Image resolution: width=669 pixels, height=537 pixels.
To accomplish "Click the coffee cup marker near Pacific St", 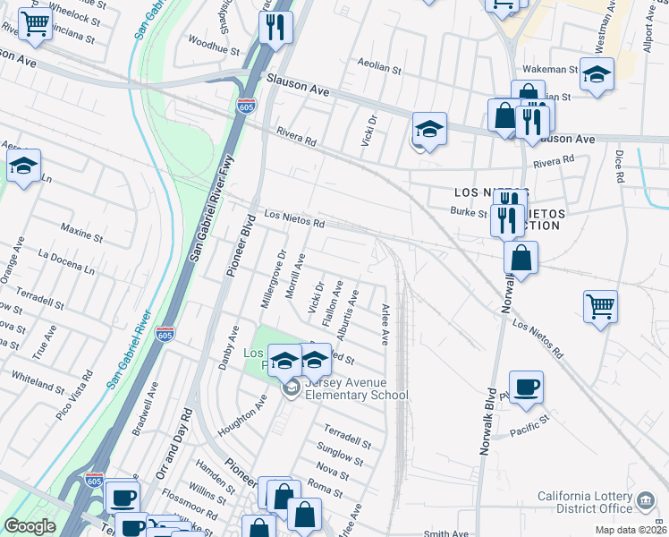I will (527, 388).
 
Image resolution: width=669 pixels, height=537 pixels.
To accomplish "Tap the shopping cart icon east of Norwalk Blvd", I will (600, 306).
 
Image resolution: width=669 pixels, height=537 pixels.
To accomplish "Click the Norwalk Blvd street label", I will (488, 422).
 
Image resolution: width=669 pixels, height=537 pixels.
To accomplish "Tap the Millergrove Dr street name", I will (272, 279).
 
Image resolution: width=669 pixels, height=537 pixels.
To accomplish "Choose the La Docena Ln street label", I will (65, 260).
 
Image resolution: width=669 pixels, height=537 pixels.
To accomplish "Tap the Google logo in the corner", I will (30, 527).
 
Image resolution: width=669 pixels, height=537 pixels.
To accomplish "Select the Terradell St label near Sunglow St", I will (347, 435).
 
